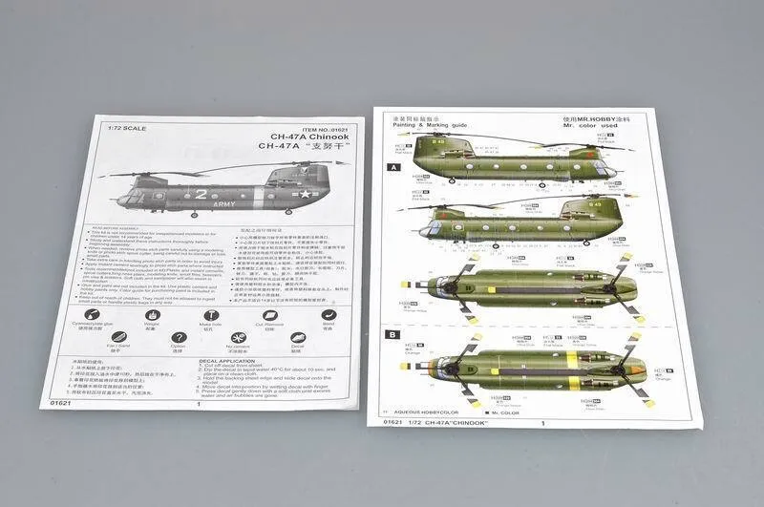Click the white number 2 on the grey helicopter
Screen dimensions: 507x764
202,194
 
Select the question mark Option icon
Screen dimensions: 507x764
178,338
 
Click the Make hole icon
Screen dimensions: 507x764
211,314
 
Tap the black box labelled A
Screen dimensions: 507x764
393,167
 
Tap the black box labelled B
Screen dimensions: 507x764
392,334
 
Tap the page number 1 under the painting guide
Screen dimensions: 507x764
542,423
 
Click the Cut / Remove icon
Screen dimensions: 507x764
268,314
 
